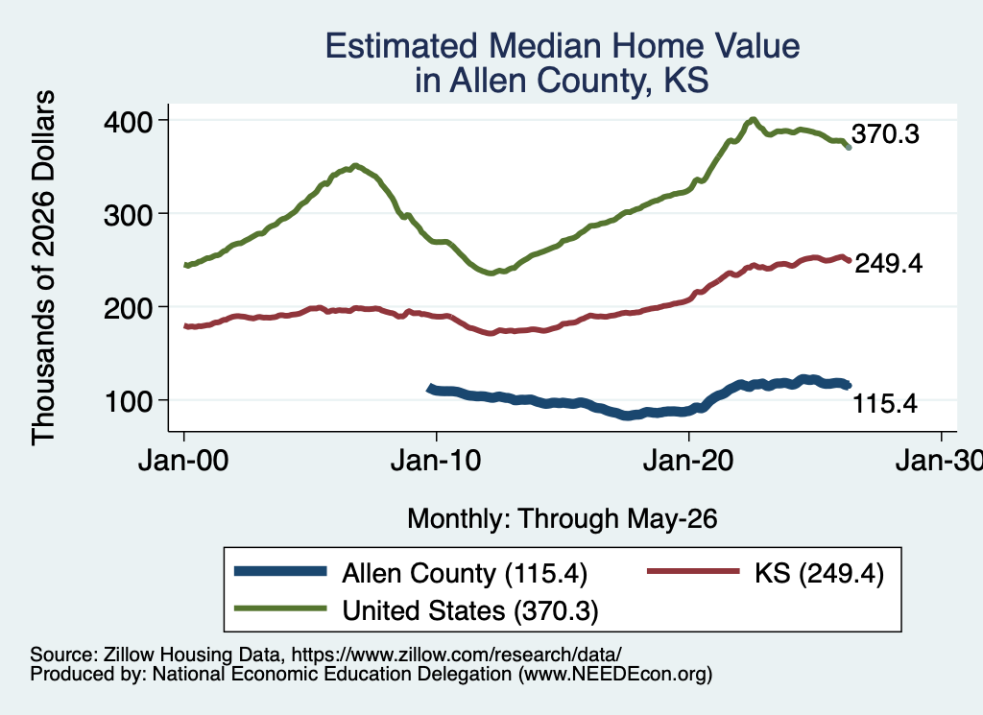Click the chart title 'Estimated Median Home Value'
point(563,46)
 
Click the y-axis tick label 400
point(129,122)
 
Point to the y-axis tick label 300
point(129,215)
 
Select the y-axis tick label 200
point(129,308)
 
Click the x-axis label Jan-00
point(183,462)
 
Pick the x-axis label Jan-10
point(436,462)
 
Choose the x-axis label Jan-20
point(688,462)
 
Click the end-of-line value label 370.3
point(885,134)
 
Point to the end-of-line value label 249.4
point(889,264)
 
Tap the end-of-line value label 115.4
point(885,404)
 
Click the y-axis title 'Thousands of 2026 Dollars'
point(43,268)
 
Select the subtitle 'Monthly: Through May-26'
point(563,519)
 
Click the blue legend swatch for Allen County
point(280,571)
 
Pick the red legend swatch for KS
point(693,571)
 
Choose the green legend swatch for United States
point(280,608)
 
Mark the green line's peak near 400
point(753,120)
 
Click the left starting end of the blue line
point(430,389)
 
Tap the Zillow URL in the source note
point(456,655)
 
